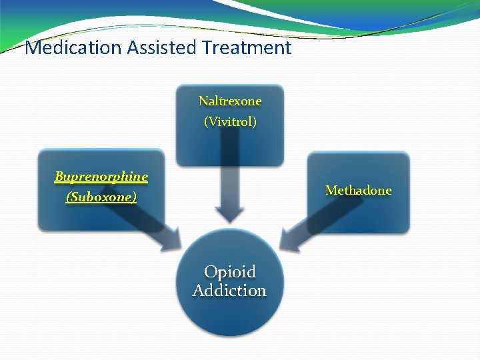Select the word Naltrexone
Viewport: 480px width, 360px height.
[x=230, y=101]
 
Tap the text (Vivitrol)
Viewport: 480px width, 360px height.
[x=230, y=122]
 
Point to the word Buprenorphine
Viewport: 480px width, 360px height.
[x=101, y=177]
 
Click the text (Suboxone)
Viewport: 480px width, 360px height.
[x=101, y=197]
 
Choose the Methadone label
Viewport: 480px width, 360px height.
[x=358, y=191]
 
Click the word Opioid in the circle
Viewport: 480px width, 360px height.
[x=229, y=272]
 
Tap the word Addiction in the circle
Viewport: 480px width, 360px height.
[x=229, y=291]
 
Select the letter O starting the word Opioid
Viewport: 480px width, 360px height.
[x=209, y=272]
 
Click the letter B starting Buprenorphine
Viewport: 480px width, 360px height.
[x=59, y=177]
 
